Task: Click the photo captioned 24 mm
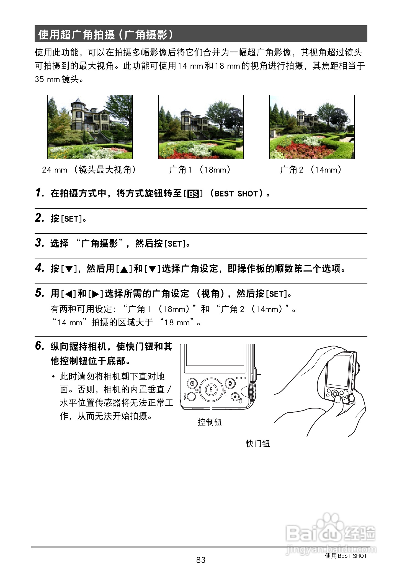pos(90,127)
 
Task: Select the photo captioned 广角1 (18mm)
pos(201,127)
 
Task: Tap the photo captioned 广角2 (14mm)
pos(312,127)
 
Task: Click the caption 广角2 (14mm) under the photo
pos(311,170)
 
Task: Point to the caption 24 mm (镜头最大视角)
pos(89,170)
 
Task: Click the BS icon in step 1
pos(193,194)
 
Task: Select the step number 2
pos(39,218)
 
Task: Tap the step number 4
pos(39,268)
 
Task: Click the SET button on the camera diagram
pos(211,390)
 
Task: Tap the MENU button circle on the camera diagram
pos(191,396)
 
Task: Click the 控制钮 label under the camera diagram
pos(210,422)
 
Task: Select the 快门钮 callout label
pos(258,443)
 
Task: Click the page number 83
pos(201,560)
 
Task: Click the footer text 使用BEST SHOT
pos(346,556)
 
